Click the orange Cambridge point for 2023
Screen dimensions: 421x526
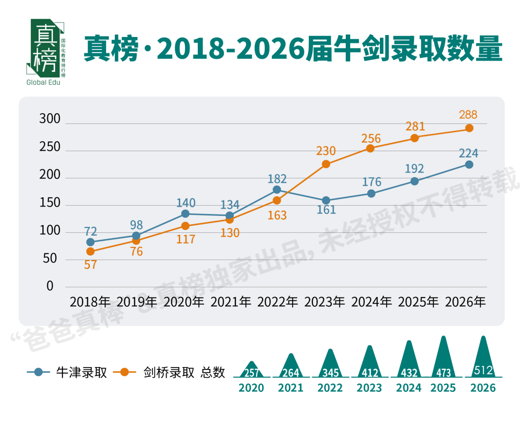click(x=326, y=164)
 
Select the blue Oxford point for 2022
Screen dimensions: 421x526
click(x=277, y=190)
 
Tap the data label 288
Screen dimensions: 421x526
click(x=468, y=115)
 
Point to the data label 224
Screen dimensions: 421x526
click(x=469, y=154)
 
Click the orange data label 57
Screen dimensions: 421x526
click(x=91, y=265)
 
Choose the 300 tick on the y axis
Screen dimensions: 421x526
click(x=50, y=119)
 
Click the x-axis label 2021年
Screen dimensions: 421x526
click(x=231, y=302)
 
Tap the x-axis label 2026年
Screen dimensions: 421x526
click(x=466, y=302)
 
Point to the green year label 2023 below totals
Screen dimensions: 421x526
click(x=369, y=388)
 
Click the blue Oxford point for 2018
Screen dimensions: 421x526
click(x=90, y=242)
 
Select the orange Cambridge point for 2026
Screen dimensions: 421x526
click(x=469, y=128)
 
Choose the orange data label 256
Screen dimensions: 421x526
click(x=371, y=139)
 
